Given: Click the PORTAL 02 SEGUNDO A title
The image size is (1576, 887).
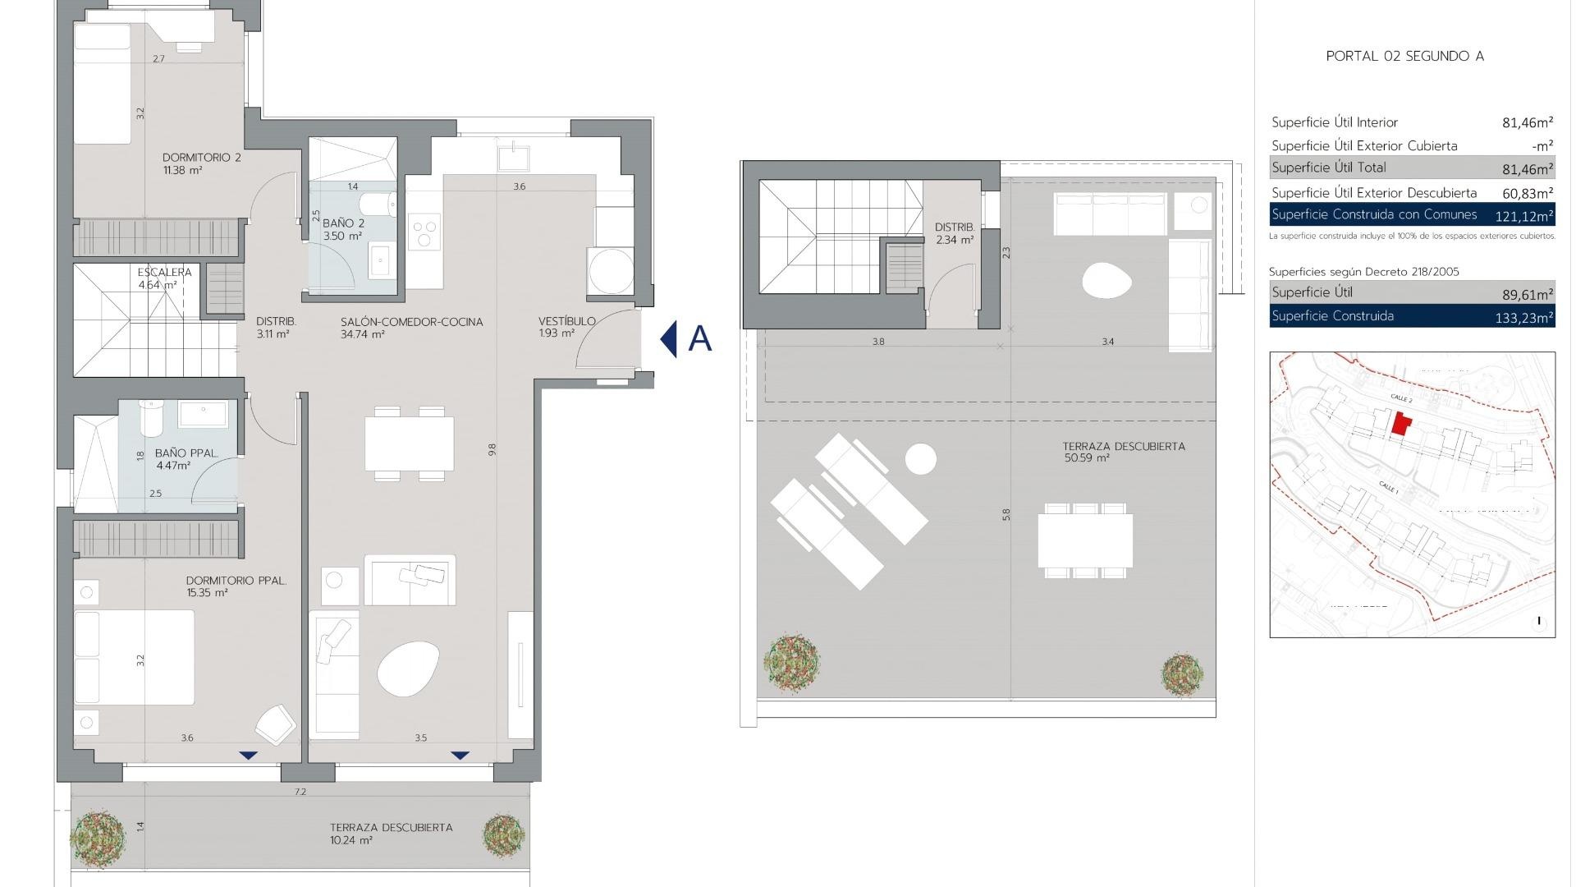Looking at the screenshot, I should tap(1404, 57).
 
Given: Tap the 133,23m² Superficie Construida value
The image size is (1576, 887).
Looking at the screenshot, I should tap(1523, 318).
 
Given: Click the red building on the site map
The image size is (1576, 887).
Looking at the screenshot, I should tap(1401, 425).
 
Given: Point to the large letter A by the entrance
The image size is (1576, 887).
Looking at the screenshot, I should tap(699, 338).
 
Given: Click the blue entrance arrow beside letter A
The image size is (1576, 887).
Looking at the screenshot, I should tap(669, 338).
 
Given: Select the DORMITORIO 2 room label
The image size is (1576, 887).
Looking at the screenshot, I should tap(201, 158).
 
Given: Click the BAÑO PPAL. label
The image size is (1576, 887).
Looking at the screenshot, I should tap(186, 453).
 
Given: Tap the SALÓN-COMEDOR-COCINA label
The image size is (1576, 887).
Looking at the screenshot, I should tap(411, 322).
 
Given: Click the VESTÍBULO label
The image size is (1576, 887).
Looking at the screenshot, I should tap(566, 321).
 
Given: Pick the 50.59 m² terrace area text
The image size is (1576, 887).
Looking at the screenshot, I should tap(1087, 458).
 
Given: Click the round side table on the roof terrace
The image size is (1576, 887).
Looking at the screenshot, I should tap(921, 459).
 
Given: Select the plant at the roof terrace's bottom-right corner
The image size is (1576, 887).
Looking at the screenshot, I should tap(1182, 675).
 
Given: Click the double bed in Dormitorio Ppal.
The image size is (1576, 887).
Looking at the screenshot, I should tap(135, 657).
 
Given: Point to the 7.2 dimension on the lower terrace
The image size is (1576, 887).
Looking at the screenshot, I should tap(300, 792).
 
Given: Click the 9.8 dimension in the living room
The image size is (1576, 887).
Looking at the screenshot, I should tap(492, 449).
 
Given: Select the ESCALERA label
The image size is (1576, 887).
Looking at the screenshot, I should tap(164, 273).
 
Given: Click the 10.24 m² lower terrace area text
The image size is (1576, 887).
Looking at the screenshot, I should tap(351, 841).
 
